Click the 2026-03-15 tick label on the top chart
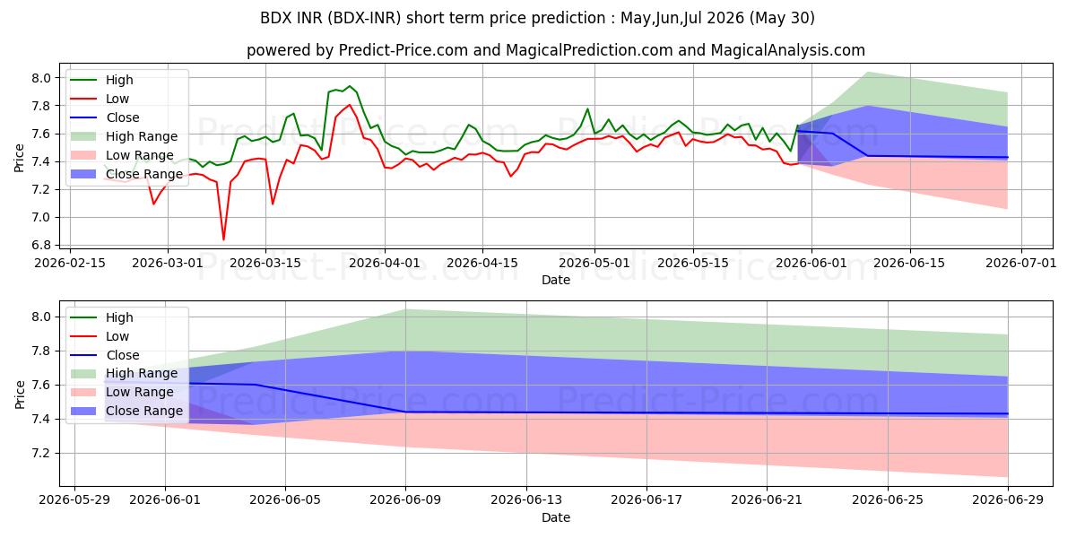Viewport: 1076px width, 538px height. click(x=265, y=264)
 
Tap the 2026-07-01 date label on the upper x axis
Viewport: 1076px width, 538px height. click(x=1021, y=264)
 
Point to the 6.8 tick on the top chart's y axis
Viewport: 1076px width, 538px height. click(x=41, y=245)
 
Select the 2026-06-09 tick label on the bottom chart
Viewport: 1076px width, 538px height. click(x=405, y=500)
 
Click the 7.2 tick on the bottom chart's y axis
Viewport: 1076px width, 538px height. click(x=41, y=454)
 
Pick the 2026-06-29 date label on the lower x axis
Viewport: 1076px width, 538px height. click(x=1008, y=500)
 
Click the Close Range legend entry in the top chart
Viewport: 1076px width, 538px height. click(x=126, y=174)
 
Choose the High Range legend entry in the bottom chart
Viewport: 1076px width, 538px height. click(x=124, y=373)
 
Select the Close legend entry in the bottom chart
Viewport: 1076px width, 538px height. click(x=105, y=355)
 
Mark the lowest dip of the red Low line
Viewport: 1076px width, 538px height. click(x=223, y=239)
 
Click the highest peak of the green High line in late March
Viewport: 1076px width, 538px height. click(x=350, y=86)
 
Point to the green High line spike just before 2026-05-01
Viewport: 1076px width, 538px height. click(x=587, y=108)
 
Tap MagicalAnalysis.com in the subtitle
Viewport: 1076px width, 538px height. click(x=788, y=50)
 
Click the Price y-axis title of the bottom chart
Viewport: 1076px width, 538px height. click(x=20, y=395)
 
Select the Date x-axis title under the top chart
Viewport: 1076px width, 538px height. click(x=556, y=280)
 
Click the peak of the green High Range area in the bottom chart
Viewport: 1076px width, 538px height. click(x=405, y=310)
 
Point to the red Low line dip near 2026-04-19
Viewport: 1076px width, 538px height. click(x=510, y=177)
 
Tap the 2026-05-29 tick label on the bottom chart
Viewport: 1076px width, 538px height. click(x=74, y=500)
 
